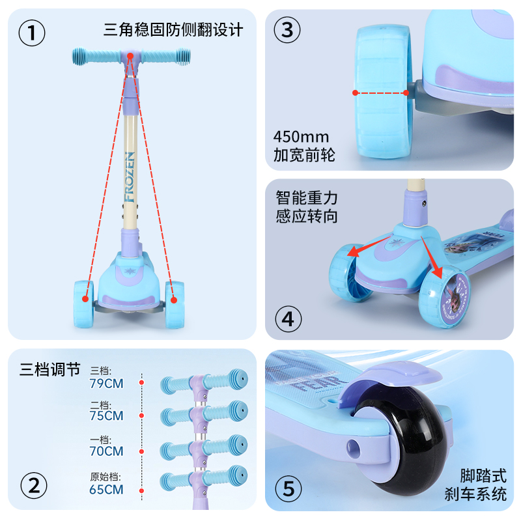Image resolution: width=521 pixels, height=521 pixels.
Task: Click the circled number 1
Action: click(x=32, y=33)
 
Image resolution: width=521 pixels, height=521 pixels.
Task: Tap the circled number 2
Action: click(x=34, y=485)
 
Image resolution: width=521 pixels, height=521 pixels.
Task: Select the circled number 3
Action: click(x=287, y=29)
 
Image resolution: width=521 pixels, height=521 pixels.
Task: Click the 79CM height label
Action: click(x=106, y=383)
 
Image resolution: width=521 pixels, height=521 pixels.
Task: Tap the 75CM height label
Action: click(x=106, y=415)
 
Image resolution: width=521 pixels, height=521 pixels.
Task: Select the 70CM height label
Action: click(x=106, y=451)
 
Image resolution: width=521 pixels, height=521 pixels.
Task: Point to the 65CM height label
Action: click(x=106, y=489)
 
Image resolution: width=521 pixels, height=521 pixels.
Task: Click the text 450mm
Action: click(x=302, y=137)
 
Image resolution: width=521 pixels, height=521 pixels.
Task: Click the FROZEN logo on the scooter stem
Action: click(x=130, y=176)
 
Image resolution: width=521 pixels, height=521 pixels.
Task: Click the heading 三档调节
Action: click(x=49, y=370)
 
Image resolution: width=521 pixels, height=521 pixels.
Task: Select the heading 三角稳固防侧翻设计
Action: click(x=173, y=30)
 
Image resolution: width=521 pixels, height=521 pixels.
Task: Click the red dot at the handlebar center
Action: click(x=130, y=57)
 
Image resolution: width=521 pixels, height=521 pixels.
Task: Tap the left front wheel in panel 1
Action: click(x=83, y=299)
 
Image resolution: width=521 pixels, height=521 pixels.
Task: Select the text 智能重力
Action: click(x=307, y=197)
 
